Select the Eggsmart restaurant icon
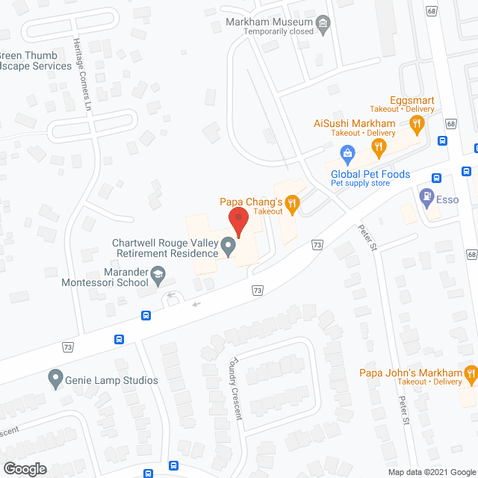pos(418,122)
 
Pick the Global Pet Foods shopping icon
pos(347,155)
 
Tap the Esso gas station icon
pos(426,199)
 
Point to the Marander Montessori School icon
pos(158,277)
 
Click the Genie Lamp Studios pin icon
pos(55,380)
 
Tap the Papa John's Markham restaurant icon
pos(471,373)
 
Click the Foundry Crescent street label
pos(237,387)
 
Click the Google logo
pos(24,468)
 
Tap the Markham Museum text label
pos(269,22)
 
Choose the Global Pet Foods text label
pos(370,174)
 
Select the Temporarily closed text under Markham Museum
pos(269,32)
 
